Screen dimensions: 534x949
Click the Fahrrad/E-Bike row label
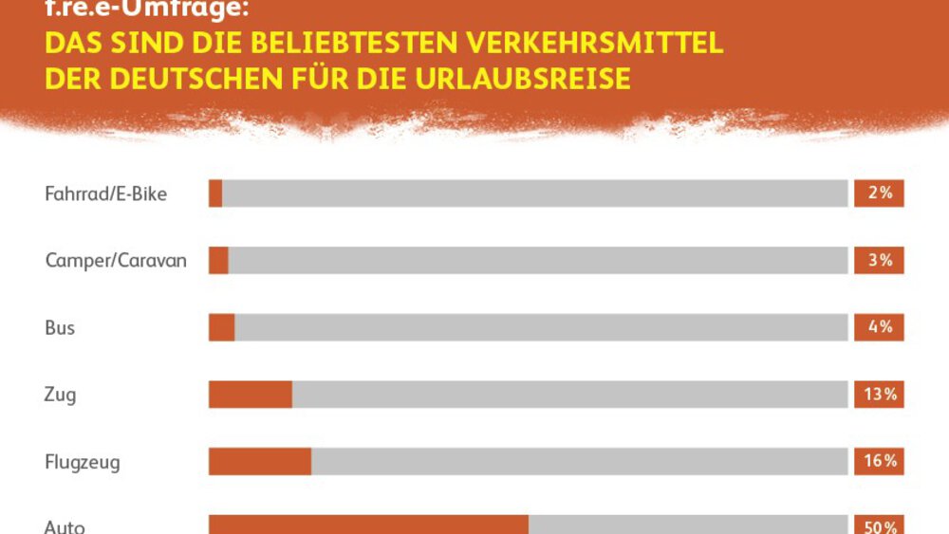point(105,193)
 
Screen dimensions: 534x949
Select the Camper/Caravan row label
point(116,261)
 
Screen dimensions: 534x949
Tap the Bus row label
point(60,328)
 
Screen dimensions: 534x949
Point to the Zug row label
point(60,396)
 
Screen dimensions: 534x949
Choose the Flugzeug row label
point(83,463)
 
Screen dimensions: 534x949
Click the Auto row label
point(64,526)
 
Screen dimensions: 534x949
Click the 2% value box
point(879,193)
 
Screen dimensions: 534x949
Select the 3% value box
point(879,261)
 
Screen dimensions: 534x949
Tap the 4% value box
point(879,328)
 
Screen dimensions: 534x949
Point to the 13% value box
point(879,395)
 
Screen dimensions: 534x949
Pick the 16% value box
point(879,462)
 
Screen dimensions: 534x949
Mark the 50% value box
point(879,525)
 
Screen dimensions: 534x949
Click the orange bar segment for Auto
point(368,525)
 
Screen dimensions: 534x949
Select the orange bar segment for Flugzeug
point(260,462)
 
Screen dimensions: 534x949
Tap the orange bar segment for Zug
point(251,395)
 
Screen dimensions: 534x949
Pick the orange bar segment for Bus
point(222,328)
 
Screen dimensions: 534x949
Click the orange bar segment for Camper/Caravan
point(218,261)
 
